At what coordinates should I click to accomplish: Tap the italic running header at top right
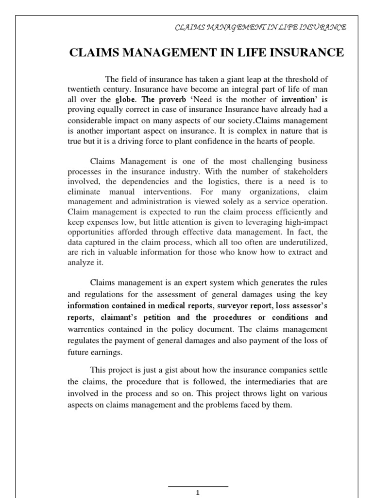pos(260,27)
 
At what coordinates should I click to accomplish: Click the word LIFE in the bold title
pos(255,53)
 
